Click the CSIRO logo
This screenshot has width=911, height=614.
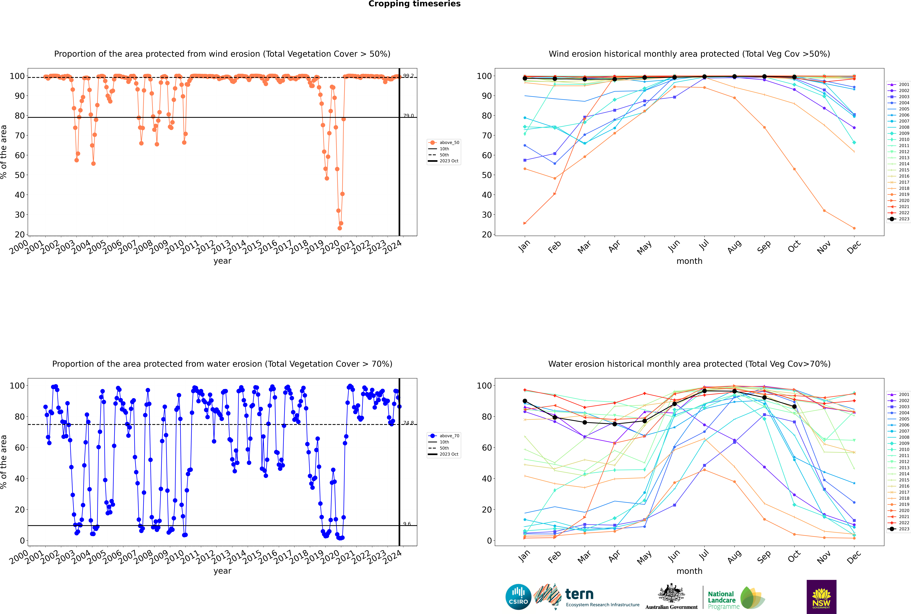(518, 597)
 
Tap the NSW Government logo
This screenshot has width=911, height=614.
(821, 596)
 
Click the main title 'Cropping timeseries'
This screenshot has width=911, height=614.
(414, 4)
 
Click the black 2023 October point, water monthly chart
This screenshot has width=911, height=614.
(794, 406)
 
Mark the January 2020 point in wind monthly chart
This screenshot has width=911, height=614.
(525, 223)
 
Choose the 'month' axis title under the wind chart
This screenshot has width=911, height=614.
(689, 261)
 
